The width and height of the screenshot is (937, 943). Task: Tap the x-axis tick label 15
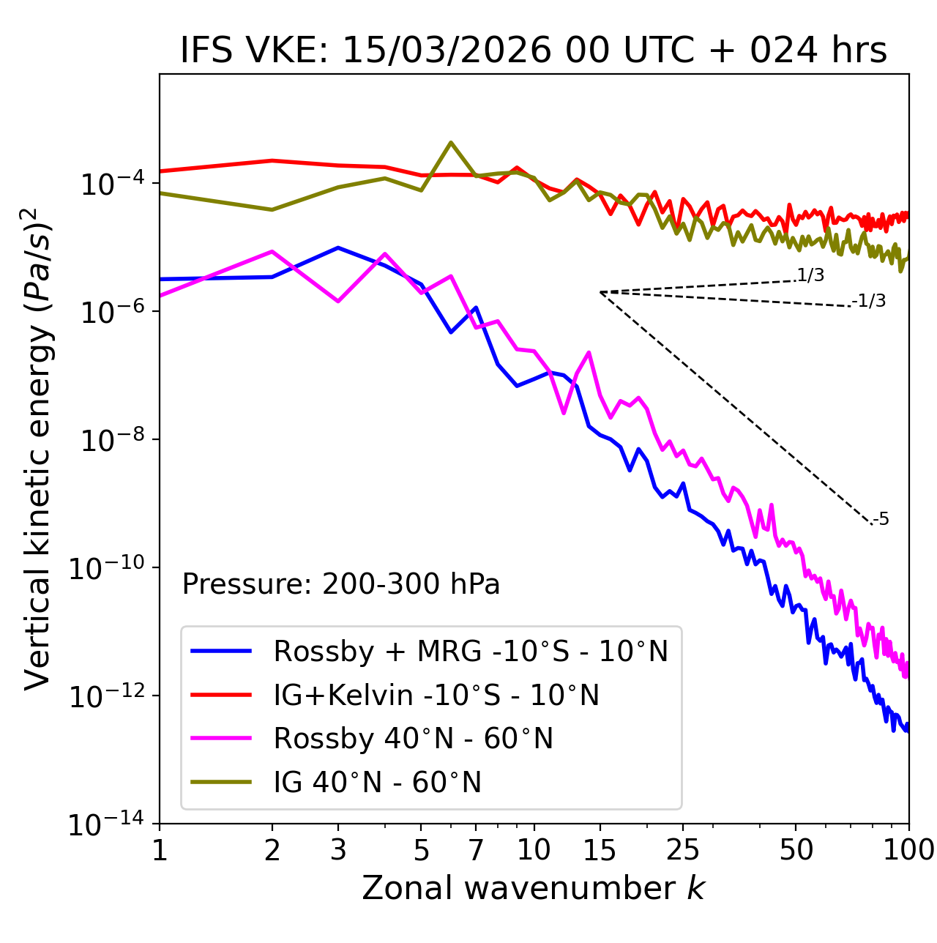tap(600, 850)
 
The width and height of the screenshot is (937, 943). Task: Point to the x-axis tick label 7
tap(476, 850)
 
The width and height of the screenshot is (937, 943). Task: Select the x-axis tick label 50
tap(796, 850)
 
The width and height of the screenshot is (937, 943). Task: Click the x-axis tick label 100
tap(908, 850)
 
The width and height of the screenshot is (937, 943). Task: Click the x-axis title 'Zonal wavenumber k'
tap(534, 888)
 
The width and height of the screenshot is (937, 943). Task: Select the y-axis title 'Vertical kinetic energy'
tap(38, 447)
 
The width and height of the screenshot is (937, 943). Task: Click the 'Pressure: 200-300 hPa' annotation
tap(341, 584)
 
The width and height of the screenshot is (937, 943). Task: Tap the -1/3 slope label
tap(869, 301)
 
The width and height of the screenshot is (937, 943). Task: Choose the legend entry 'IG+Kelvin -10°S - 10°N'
tap(436, 695)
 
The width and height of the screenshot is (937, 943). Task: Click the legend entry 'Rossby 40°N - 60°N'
tap(413, 739)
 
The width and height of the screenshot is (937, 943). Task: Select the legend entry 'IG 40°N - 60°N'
tap(377, 783)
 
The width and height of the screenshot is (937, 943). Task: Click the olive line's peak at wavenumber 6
tap(451, 142)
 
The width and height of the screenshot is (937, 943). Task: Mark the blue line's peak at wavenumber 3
tap(338, 247)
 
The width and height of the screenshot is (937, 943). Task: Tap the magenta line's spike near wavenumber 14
tap(589, 353)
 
